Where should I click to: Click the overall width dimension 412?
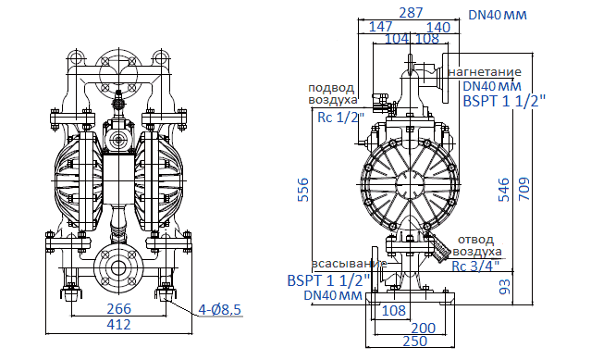coord(117,325)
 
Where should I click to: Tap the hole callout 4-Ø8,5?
coord(218,310)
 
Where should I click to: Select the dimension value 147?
coord(380,27)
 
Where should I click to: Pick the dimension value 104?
coord(396,40)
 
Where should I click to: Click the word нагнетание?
coord(485,71)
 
